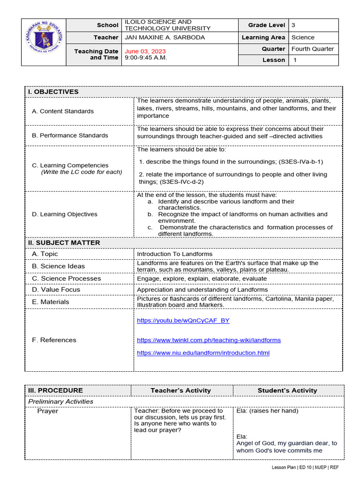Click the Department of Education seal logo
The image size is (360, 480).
tap(43, 42)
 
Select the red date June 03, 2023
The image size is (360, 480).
tap(145, 51)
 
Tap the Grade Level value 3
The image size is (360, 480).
tap(293, 25)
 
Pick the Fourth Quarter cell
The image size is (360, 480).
tap(313, 49)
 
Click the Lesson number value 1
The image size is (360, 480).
tap(295, 60)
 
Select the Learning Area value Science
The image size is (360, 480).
tap(303, 37)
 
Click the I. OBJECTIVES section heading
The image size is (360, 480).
tap(53, 92)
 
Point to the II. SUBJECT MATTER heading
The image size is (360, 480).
tap(64, 243)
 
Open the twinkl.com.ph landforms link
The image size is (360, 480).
tap(209, 340)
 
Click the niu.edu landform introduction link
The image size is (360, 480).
tap(203, 352)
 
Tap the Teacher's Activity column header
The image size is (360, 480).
tap(180, 390)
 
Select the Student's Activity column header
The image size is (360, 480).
tap(287, 390)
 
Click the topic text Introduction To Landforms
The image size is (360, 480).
tap(174, 254)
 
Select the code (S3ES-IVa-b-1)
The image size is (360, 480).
tap(300, 162)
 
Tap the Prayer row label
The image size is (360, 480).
tap(48, 411)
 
